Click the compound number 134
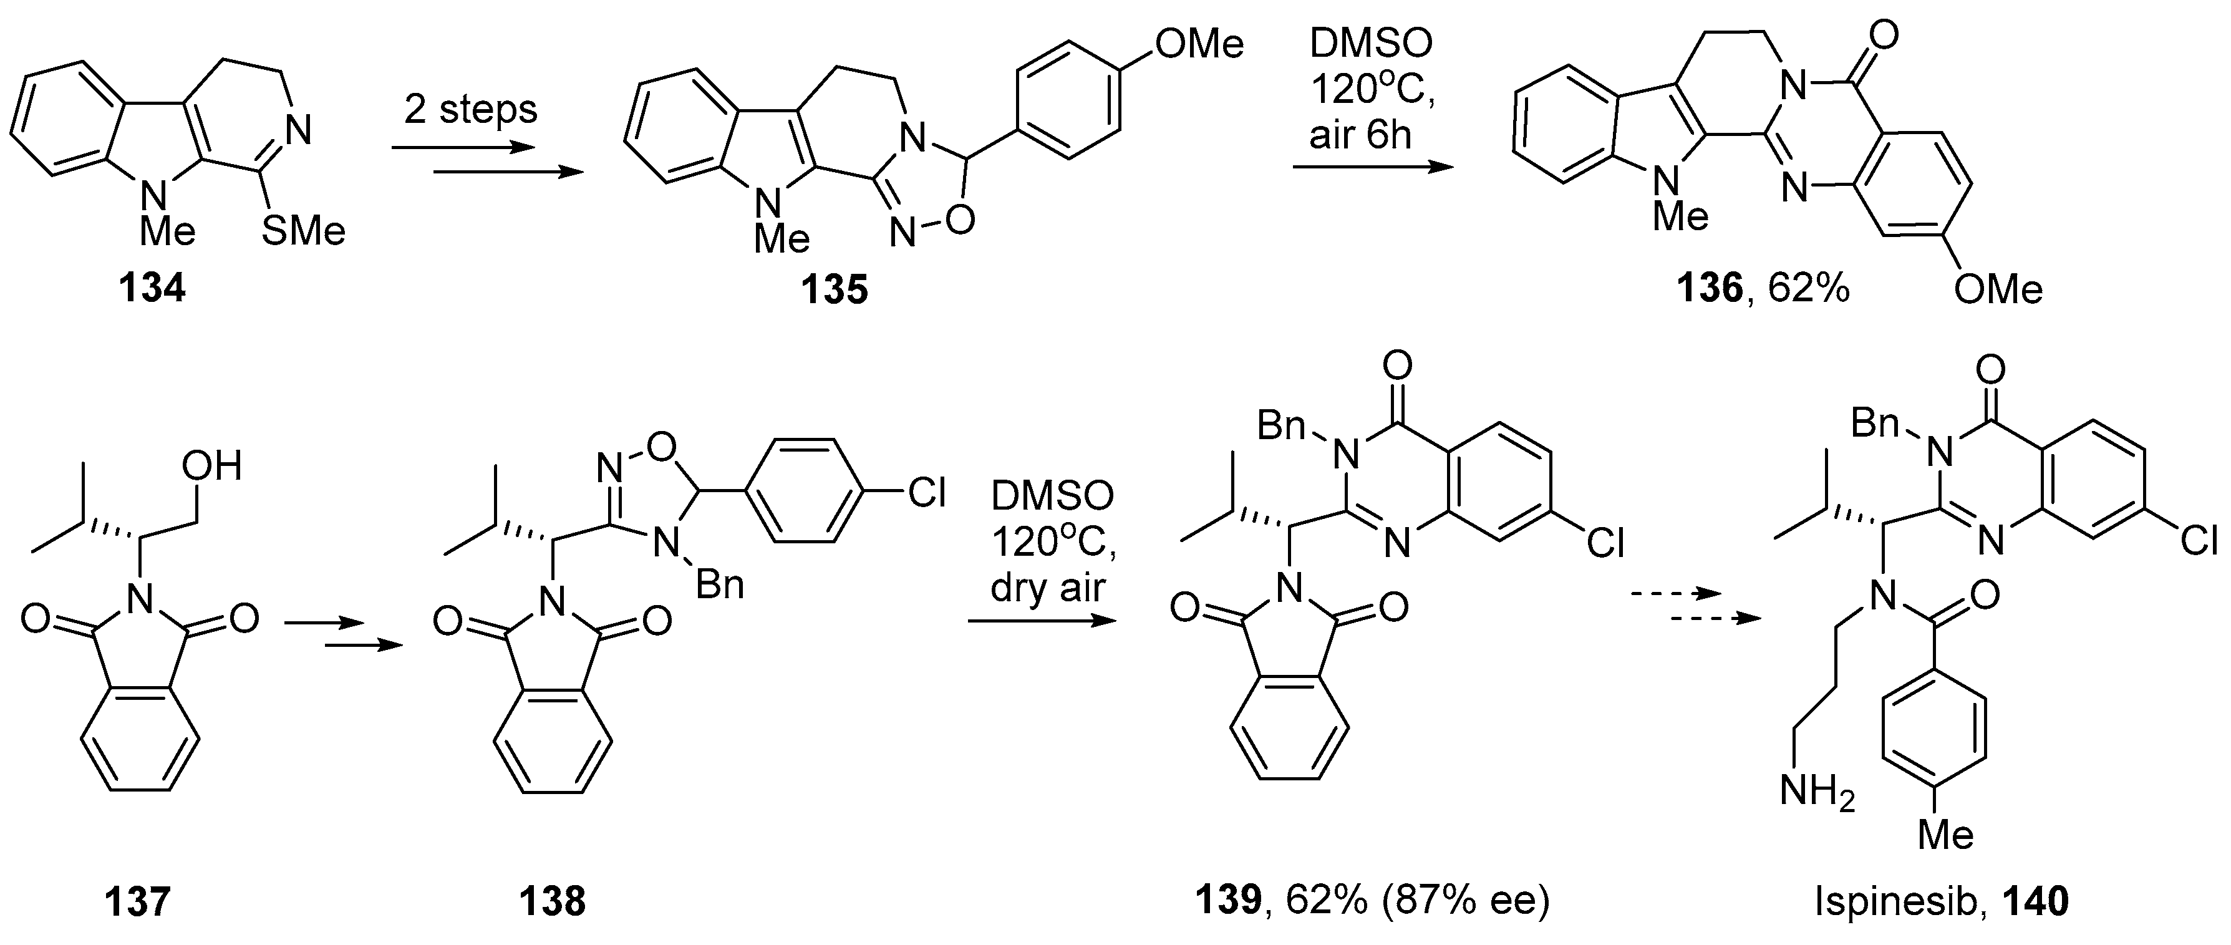(x=152, y=287)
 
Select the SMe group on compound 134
(x=302, y=231)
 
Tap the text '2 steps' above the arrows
(x=470, y=110)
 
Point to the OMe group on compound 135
(x=1199, y=42)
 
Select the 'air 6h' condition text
(x=1360, y=135)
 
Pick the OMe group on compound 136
(x=1997, y=288)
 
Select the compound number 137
(x=137, y=902)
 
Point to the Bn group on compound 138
(x=720, y=586)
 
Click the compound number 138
(x=553, y=902)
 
